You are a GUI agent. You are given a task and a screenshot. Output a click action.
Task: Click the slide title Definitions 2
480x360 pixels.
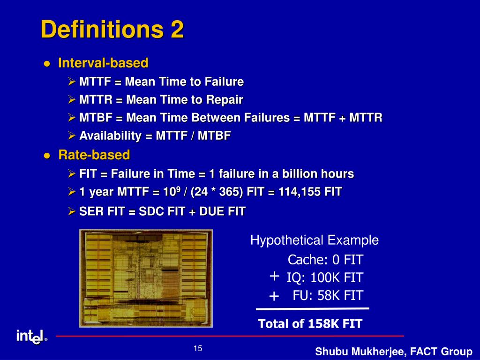112,30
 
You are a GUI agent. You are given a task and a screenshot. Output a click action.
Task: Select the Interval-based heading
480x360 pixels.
103,63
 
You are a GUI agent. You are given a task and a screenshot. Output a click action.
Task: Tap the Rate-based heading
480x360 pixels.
94,155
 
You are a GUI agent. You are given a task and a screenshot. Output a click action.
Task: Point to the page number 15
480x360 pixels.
198,348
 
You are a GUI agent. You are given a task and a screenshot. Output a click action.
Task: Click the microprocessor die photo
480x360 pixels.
146,278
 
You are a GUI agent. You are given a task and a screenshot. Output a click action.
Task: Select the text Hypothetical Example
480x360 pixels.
315,240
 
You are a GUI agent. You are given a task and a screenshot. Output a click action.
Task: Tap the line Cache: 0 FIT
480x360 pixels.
325,260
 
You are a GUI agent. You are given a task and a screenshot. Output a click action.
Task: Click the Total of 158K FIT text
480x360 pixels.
310,324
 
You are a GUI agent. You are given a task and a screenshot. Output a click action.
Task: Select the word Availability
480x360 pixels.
110,135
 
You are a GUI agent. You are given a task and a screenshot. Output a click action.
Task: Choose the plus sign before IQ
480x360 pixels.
274,276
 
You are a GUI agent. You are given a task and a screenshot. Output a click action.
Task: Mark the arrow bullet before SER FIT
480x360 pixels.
72,211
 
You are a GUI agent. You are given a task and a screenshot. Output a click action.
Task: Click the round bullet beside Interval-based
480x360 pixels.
47,64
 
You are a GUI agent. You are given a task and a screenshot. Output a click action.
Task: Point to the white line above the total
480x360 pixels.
313,308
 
